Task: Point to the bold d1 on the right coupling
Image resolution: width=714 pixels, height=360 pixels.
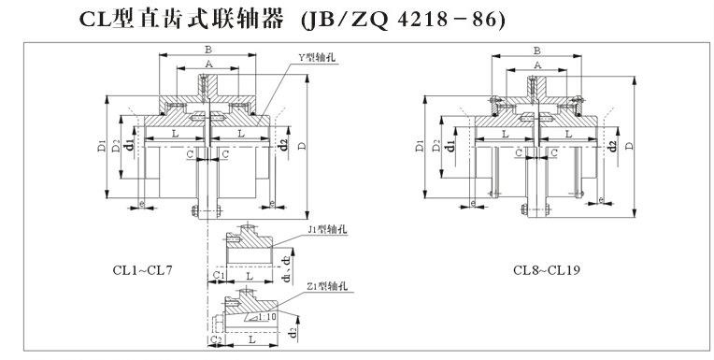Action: [x=450, y=147]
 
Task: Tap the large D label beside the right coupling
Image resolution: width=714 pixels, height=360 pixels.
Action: [x=631, y=146]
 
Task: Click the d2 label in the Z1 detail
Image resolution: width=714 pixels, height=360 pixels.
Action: [x=293, y=330]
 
